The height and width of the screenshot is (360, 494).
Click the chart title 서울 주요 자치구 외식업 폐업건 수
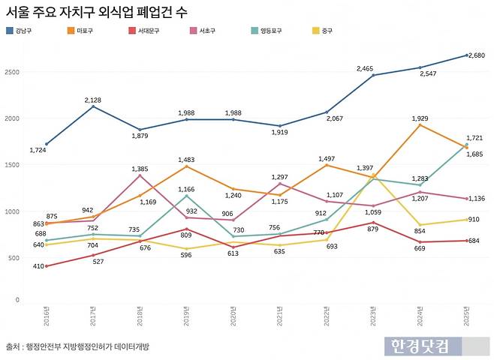pyautogui.click(x=97, y=12)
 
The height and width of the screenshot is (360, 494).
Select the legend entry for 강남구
pyautogui.click(x=23, y=31)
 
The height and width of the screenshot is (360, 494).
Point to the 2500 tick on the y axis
pyautogui.click(x=14, y=72)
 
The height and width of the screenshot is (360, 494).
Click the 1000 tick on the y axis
pyautogui.click(x=14, y=211)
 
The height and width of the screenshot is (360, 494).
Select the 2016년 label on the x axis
pyautogui.click(x=46, y=315)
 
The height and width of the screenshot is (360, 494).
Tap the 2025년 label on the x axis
pyautogui.click(x=466, y=315)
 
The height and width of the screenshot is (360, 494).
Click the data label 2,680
pyautogui.click(x=477, y=55)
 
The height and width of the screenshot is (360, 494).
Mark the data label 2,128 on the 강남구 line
pyautogui.click(x=93, y=99)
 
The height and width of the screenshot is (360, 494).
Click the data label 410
pyautogui.click(x=38, y=266)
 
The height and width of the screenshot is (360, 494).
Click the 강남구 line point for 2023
pyautogui.click(x=373, y=75)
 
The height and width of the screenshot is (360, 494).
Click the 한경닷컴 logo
pyautogui.click(x=420, y=346)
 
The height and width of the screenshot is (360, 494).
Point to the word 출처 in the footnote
pyautogui.click(x=14, y=346)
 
